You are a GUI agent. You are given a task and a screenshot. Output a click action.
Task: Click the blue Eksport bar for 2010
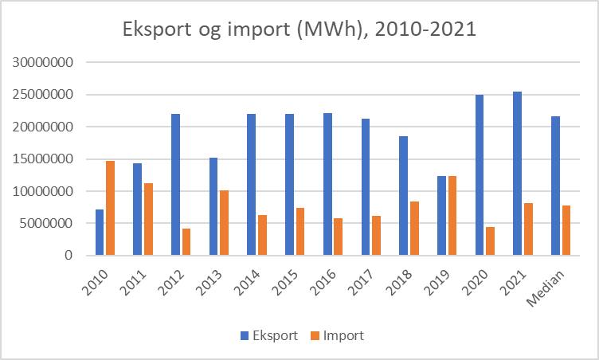click(100, 233)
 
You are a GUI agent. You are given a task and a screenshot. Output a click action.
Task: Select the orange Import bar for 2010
click(111, 208)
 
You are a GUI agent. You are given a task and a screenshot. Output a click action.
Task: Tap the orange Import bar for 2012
click(186, 242)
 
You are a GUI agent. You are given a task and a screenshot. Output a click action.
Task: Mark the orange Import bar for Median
click(566, 230)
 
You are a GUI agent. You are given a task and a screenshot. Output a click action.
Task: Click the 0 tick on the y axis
click(69, 256)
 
